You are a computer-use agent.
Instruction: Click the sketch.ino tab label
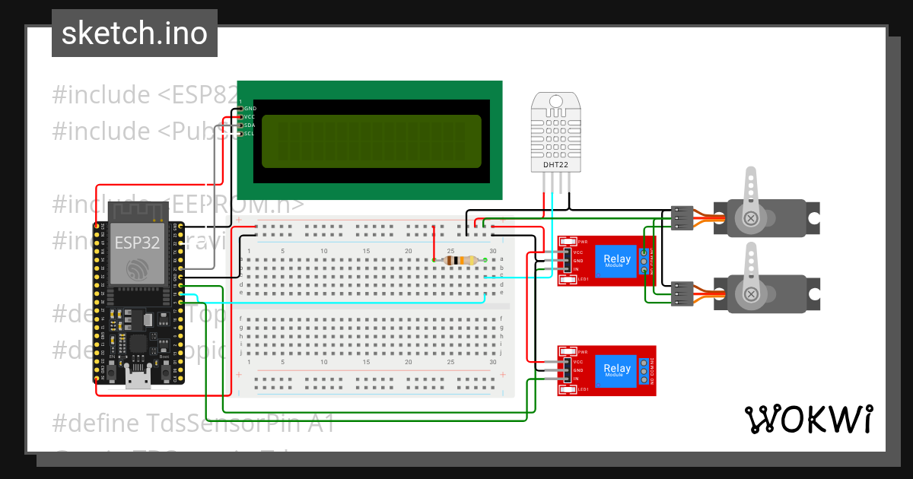134,33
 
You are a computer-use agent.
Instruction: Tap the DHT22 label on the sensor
555,164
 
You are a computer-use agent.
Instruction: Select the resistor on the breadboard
460,261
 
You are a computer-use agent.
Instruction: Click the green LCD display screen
371,141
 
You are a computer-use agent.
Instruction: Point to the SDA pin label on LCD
250,125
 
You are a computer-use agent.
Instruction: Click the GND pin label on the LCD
250,109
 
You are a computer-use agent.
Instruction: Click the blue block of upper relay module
616,260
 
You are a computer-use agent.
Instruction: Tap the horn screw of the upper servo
752,219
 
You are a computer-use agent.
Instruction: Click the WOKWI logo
808,419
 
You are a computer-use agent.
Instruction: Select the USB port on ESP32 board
138,377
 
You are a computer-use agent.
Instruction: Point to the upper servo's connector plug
682,218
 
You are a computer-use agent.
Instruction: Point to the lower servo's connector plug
682,293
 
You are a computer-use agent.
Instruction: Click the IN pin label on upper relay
576,269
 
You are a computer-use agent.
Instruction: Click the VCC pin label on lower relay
577,362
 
